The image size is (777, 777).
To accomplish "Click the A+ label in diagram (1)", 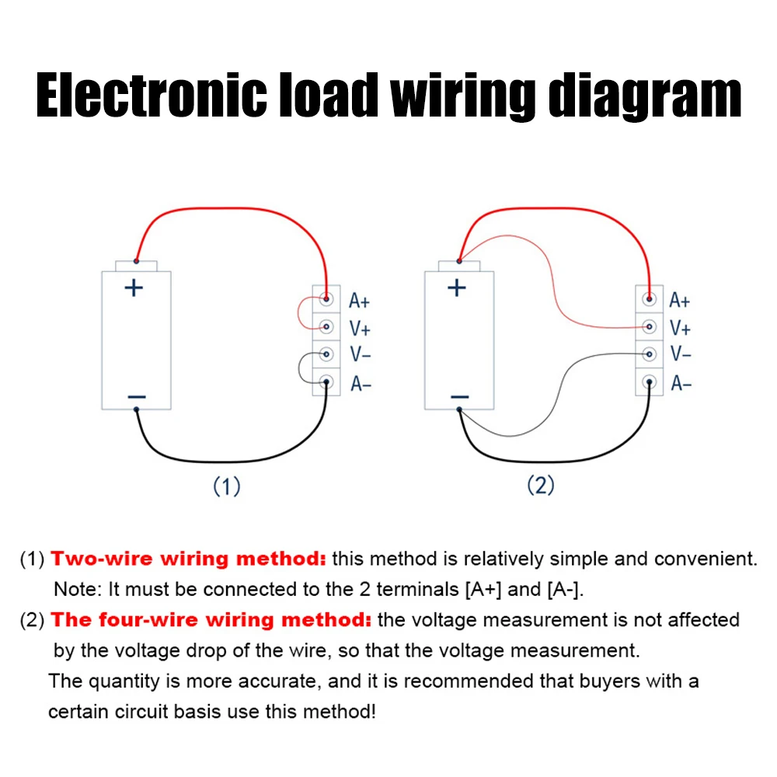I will [x=359, y=300].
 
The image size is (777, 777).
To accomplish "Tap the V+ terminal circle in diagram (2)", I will [x=649, y=326].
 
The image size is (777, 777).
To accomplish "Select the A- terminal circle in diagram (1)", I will [x=326, y=382].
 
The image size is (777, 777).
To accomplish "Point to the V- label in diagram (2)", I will [x=681, y=354].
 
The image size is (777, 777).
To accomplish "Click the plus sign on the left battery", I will [x=135, y=288].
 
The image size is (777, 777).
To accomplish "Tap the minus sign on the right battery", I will [x=459, y=397].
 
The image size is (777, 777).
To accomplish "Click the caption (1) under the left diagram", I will [x=227, y=487].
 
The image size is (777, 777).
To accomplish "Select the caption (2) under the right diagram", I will [x=541, y=486].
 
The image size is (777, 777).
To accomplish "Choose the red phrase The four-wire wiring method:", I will [x=211, y=620].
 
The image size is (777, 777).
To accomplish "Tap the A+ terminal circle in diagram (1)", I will [x=327, y=298].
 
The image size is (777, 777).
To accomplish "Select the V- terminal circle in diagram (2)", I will [x=649, y=354].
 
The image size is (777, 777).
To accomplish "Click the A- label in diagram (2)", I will [x=681, y=383].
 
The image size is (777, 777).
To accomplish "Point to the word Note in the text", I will [x=75, y=589].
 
